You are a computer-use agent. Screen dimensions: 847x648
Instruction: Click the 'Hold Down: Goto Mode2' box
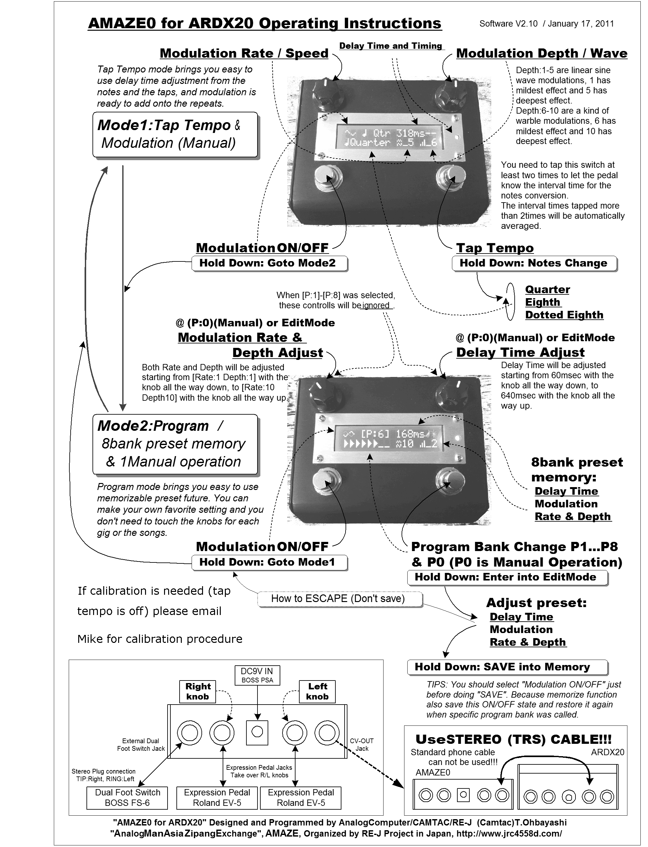click(269, 263)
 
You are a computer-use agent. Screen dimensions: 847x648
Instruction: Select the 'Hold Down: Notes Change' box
click(534, 263)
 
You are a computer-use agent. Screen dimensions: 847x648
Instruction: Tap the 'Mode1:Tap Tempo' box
click(175, 135)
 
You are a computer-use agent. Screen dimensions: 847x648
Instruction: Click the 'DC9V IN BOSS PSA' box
click(257, 675)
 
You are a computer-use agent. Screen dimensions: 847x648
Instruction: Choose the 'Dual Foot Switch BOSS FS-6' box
click(127, 798)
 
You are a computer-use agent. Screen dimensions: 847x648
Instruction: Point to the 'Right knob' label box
click(198, 691)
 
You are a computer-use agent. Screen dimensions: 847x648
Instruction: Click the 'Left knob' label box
click(317, 691)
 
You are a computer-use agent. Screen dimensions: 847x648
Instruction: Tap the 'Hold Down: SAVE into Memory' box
click(507, 667)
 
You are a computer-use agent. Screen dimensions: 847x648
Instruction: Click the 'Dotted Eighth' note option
click(564, 315)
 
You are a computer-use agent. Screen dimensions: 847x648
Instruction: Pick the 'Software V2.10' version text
click(508, 24)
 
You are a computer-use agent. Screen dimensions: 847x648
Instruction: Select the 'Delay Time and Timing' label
click(390, 46)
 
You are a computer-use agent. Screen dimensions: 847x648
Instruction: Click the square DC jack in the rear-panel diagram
click(257, 732)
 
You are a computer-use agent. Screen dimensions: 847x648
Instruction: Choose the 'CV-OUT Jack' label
click(361, 744)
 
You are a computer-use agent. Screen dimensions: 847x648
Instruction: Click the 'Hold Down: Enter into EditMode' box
click(507, 577)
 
